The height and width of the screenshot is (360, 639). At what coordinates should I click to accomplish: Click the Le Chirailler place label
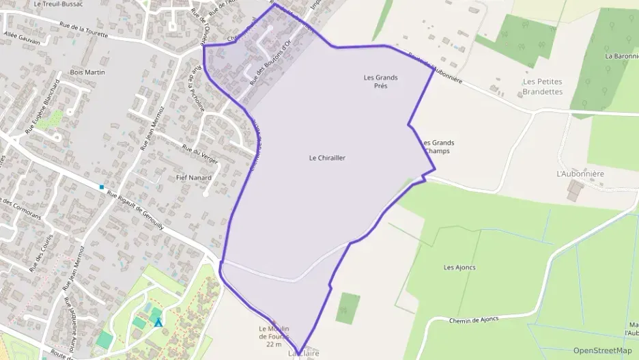(327, 158)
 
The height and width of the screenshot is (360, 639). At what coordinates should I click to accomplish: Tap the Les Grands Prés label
(381, 81)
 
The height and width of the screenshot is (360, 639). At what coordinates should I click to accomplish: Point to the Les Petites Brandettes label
(543, 86)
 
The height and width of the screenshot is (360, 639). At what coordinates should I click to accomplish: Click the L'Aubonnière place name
(580, 174)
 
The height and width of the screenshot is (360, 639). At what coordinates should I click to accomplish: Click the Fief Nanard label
(194, 178)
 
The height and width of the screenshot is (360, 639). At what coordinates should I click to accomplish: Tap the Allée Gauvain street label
(22, 37)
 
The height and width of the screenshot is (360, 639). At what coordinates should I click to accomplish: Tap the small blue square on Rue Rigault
(102, 187)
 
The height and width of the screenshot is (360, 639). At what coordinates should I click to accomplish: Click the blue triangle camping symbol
(158, 322)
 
